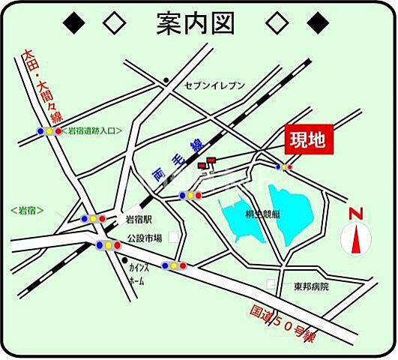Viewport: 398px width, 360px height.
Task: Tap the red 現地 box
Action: pyautogui.click(x=308, y=140)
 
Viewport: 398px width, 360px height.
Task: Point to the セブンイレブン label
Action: pyautogui.click(x=215, y=86)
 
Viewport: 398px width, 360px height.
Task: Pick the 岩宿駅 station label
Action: pyautogui.click(x=139, y=220)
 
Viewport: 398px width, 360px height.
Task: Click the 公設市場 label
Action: pyautogui.click(x=144, y=238)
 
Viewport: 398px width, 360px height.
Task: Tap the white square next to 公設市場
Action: pyautogui.click(x=174, y=237)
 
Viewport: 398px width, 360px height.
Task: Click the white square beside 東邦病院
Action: pyautogui.click(x=271, y=285)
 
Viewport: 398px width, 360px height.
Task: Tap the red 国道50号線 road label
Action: pyautogui.click(x=283, y=321)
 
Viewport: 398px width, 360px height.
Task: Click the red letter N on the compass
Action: pyautogui.click(x=356, y=214)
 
